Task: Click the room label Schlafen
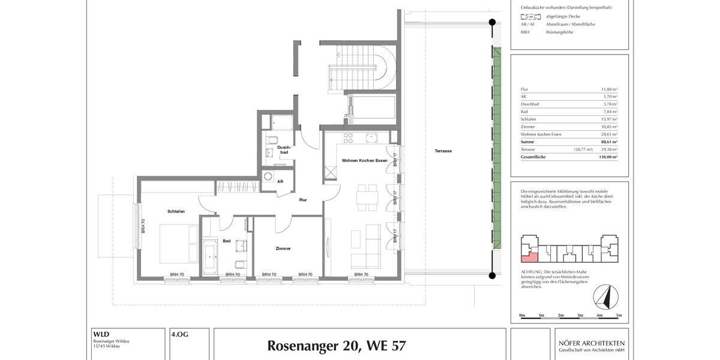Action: point(176,211)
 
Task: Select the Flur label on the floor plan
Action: point(303,200)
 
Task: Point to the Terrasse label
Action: point(443,151)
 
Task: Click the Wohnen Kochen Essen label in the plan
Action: point(365,161)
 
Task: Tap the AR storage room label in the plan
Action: point(280,181)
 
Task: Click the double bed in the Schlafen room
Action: point(179,244)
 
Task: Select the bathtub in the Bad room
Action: point(209,257)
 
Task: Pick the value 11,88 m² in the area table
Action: point(610,89)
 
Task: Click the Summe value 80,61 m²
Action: point(610,142)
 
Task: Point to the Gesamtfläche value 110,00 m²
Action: point(608,156)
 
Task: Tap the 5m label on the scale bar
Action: point(619,315)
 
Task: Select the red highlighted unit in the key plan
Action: point(529,257)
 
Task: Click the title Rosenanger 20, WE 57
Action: point(336,346)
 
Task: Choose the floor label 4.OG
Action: point(180,334)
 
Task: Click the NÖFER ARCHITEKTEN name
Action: point(592,343)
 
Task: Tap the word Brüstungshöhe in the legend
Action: point(559,32)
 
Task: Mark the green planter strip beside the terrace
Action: point(497,150)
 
